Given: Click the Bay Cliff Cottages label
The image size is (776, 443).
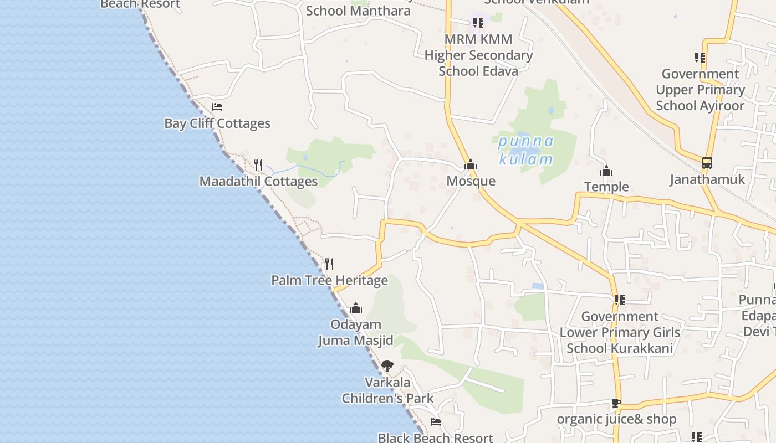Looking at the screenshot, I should pos(217,123).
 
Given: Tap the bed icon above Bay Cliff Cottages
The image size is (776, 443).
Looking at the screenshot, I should pos(217,106).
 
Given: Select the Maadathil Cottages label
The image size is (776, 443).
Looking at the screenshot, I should pos(258,181).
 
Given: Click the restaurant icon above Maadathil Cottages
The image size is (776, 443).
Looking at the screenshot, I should pos(258,164).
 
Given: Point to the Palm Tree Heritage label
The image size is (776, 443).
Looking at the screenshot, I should pos(329,280).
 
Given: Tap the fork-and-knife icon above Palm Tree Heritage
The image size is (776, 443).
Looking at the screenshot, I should pos(329,264).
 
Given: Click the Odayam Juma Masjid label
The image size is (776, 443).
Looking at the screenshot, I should pos(355,332).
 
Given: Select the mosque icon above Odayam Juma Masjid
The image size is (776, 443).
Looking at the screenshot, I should pos(356,308).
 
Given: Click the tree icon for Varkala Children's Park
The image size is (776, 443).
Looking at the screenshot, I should pos(387,365).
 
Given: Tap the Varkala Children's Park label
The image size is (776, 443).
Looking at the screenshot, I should pos(387,390).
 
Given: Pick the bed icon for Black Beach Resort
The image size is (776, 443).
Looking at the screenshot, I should pos(436,422).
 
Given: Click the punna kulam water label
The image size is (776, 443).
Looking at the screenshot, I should pos(525,150).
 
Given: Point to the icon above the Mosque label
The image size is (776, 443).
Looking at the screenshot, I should pos(471,164).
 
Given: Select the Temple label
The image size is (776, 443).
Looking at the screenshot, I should pos(606,187).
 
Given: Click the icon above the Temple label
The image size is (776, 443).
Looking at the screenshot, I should pos(606,171).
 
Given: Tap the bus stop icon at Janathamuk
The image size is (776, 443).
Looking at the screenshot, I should pos(707,163).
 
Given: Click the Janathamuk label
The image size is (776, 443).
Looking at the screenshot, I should pos(707,179).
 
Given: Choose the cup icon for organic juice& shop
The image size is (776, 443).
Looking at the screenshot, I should pos(616,403).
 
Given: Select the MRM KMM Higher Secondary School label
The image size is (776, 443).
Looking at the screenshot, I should pos(478,55).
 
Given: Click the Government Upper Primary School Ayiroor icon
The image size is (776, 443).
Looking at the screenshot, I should pos(700,57).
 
